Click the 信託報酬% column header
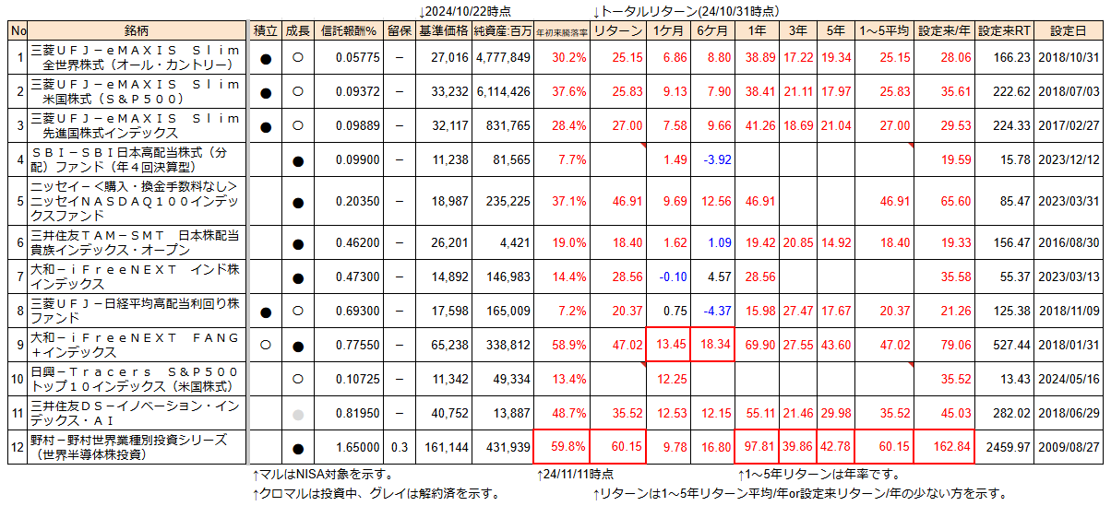pos(350,30)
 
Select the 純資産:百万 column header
pos(502,30)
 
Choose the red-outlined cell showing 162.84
pos(945,448)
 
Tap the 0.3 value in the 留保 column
pos(399,448)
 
